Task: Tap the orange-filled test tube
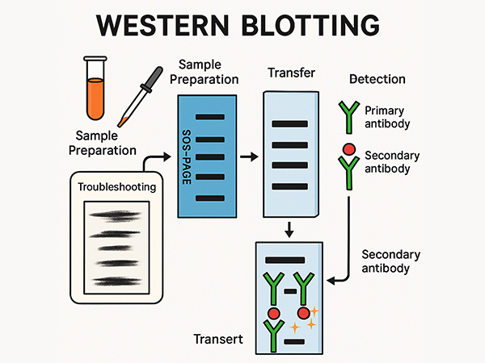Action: click(96, 90)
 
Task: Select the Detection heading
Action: click(377, 80)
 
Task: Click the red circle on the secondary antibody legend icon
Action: click(348, 149)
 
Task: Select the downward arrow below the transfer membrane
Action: click(289, 231)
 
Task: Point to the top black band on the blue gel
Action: click(209, 119)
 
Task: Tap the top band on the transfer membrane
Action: click(288, 124)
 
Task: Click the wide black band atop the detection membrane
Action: click(284, 260)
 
